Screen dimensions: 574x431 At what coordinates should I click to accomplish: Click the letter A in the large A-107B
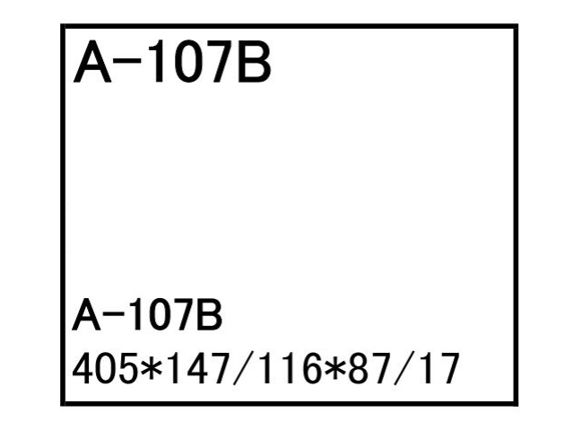[92, 61]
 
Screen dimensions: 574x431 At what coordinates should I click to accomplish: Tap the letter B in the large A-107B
[254, 61]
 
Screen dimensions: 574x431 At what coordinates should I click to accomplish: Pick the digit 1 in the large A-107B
[158, 61]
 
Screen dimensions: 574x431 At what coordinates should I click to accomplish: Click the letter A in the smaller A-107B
[86, 314]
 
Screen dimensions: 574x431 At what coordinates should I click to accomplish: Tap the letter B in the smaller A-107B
[209, 314]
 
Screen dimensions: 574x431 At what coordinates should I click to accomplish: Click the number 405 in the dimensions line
[104, 368]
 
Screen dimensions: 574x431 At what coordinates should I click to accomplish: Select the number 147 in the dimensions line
[198, 368]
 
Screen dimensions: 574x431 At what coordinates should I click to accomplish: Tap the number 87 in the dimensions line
[370, 368]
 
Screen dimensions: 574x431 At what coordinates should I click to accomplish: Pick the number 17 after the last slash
[440, 368]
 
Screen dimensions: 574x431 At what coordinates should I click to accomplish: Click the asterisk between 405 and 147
[151, 368]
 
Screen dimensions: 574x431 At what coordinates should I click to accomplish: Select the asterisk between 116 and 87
[335, 368]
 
